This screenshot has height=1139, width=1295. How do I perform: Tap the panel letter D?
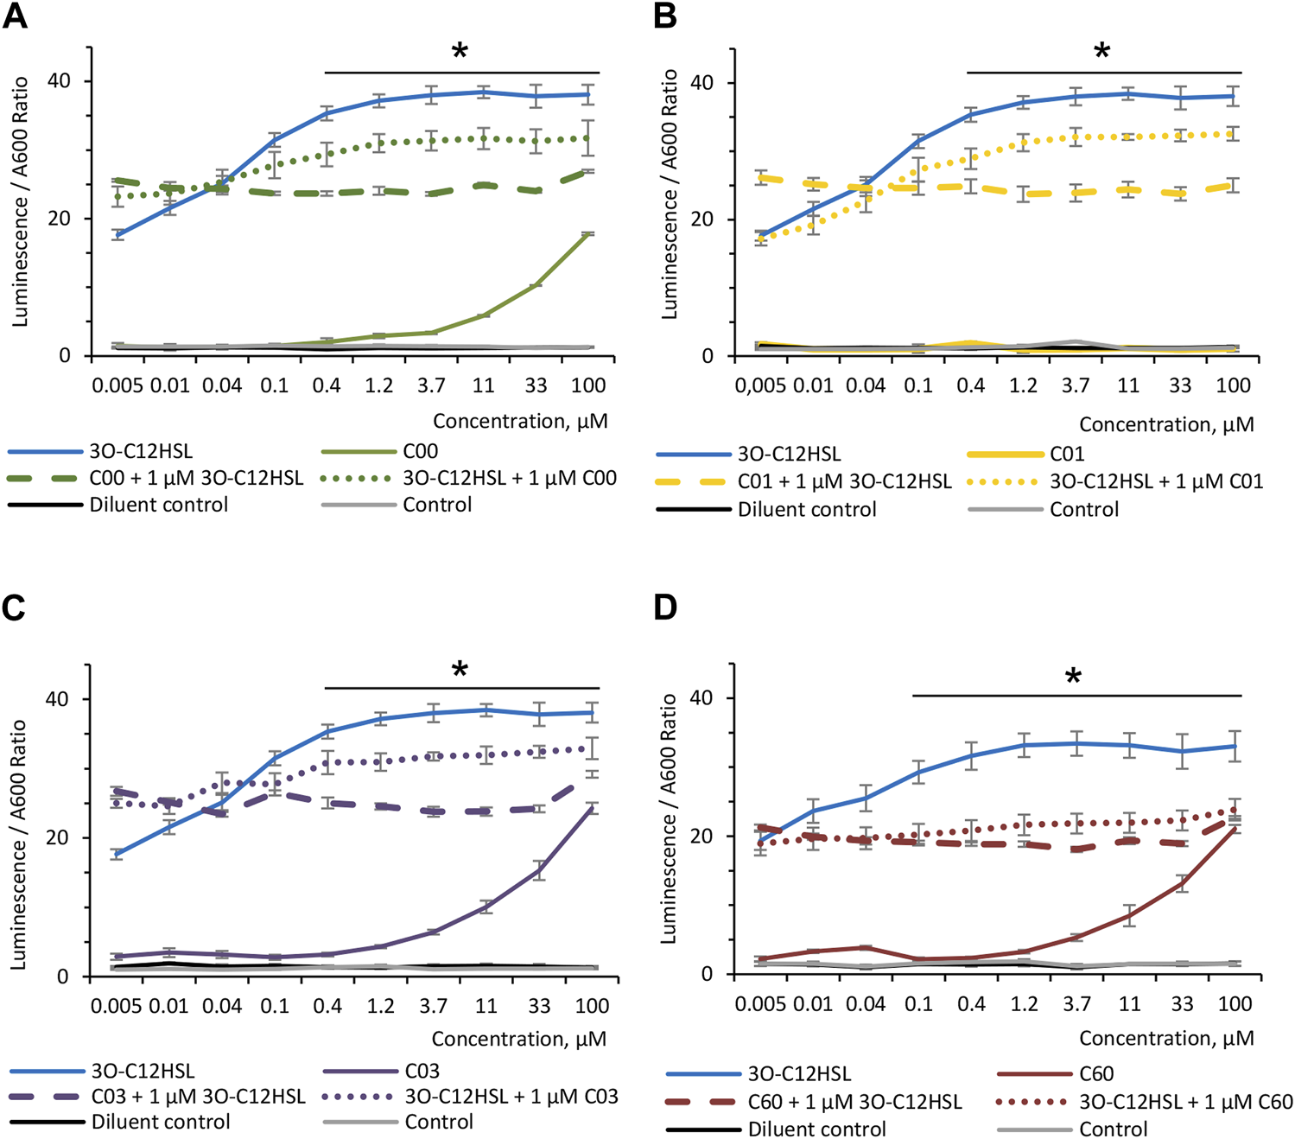coord(665,608)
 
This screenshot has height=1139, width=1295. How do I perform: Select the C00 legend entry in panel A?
coord(420,451)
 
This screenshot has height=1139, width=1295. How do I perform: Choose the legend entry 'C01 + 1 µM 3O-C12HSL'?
coord(844,481)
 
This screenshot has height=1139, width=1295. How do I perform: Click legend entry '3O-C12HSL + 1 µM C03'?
coord(511,1097)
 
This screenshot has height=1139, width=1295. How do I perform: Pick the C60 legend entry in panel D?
coord(1096,1074)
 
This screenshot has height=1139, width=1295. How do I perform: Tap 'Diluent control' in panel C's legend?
coord(161,1122)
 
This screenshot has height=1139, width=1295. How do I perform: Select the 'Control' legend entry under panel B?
coord(1084,509)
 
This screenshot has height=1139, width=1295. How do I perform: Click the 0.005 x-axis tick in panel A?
coord(117,385)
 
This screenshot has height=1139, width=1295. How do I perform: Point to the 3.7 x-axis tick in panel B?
coord(1076,385)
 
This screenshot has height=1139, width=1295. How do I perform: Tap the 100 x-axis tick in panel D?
coord(1235,1004)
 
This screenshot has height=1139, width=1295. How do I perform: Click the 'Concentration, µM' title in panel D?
coord(1166,1038)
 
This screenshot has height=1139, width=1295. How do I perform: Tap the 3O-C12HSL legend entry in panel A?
coord(141,451)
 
